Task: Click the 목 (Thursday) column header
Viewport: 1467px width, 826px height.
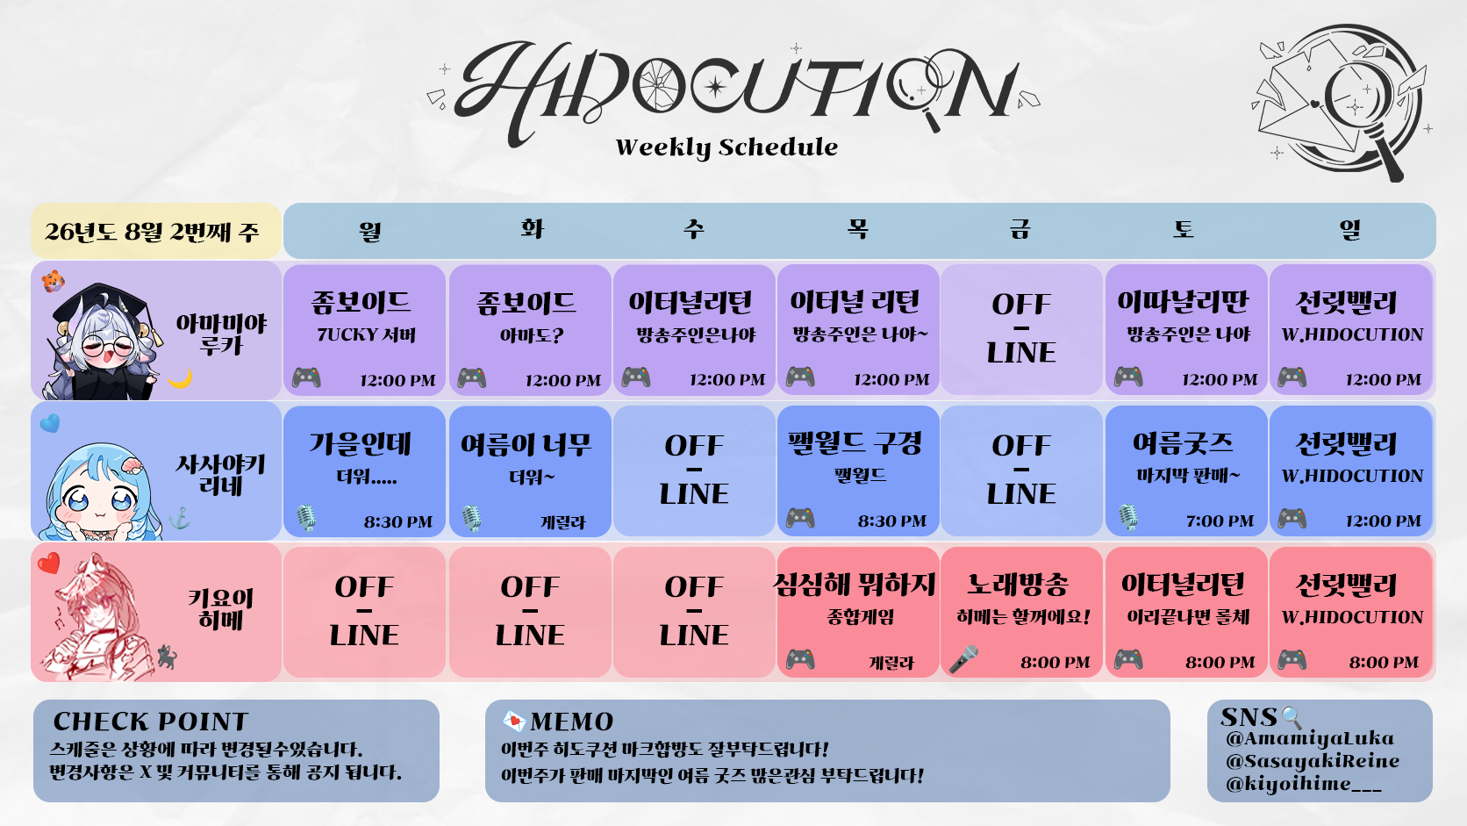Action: (x=857, y=229)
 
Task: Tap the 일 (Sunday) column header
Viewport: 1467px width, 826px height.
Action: (x=1349, y=229)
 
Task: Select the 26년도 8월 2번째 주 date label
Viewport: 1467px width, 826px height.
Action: (x=152, y=231)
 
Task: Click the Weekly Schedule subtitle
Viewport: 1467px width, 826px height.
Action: (x=726, y=147)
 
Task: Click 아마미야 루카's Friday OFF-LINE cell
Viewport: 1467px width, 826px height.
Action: (x=1021, y=329)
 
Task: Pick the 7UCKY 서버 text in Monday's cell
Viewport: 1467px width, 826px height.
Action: (x=366, y=334)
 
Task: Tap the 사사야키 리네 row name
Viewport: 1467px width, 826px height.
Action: (x=220, y=475)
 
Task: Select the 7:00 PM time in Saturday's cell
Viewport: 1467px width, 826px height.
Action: (x=1220, y=521)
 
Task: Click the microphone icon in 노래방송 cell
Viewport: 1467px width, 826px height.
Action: (x=963, y=659)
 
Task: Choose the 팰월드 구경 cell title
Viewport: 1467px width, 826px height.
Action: (x=855, y=443)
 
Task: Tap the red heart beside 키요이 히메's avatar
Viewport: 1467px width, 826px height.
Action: (x=48, y=563)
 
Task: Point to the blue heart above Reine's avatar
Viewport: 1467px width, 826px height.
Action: (x=50, y=423)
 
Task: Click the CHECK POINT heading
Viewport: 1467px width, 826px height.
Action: (x=151, y=722)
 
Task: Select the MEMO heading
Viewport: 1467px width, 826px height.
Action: (x=572, y=722)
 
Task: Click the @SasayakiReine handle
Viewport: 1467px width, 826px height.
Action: (x=1313, y=761)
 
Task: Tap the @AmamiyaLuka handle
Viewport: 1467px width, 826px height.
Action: (x=1310, y=739)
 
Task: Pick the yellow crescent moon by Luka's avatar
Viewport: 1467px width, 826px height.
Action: (x=180, y=378)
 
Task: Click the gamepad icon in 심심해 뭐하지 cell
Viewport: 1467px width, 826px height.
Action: (x=800, y=659)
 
